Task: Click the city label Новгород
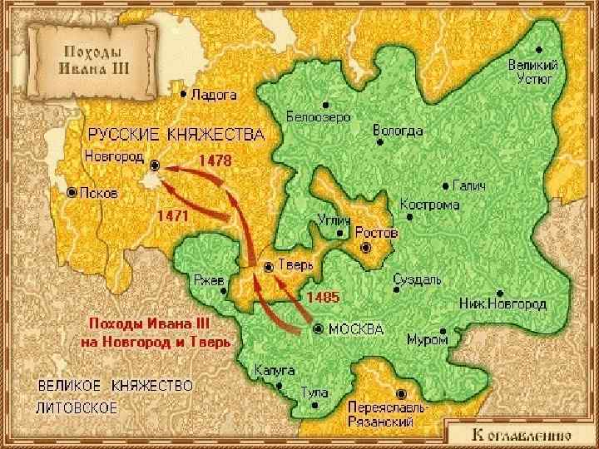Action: click(113, 155)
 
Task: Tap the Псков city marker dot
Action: click(72, 192)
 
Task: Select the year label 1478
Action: click(214, 158)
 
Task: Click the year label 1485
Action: click(323, 295)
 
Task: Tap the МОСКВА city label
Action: click(356, 328)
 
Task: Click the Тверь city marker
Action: click(268, 267)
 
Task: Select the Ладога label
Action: click(214, 95)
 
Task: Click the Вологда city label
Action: click(398, 131)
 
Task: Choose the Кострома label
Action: click(429, 205)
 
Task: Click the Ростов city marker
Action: click(364, 248)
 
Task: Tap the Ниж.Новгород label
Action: click(502, 304)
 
